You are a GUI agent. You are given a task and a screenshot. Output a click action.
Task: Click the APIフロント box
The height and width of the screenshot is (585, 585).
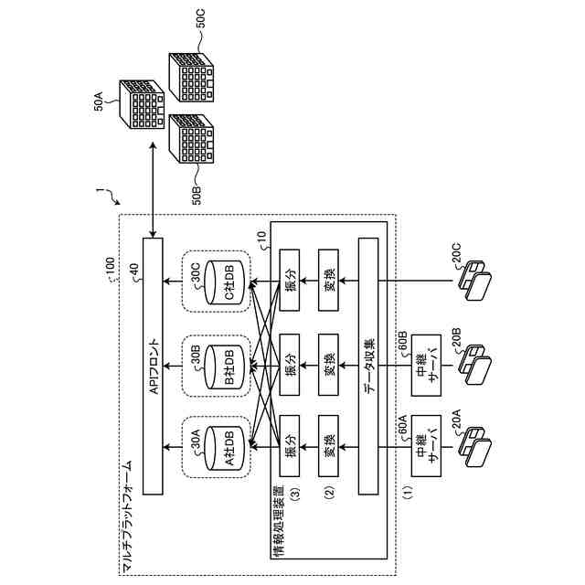[x=153, y=367]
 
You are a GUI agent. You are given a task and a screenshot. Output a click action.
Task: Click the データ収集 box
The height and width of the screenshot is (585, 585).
[x=368, y=367]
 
